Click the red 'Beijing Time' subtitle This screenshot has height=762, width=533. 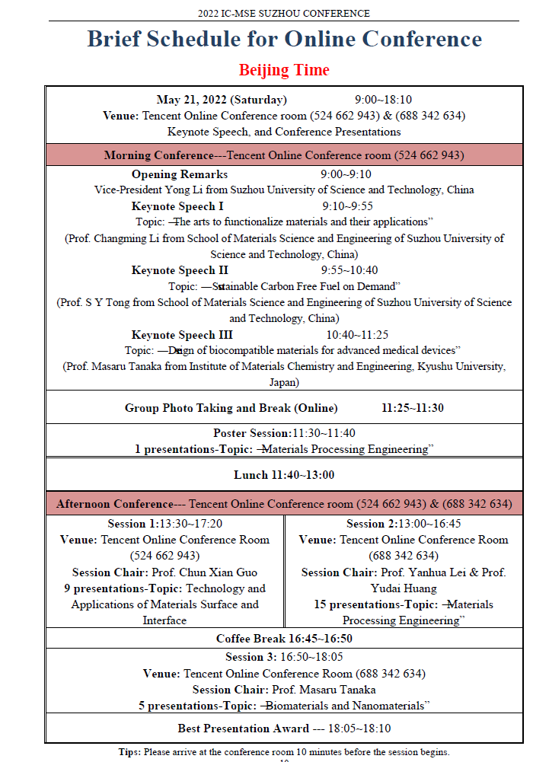284,70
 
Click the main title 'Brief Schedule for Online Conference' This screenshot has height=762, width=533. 284,39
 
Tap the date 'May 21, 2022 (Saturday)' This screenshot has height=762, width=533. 222,100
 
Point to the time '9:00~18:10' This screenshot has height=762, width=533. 384,100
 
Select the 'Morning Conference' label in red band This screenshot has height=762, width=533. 159,155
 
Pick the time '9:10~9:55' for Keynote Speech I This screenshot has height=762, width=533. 348,206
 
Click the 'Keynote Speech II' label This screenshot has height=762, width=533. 180,270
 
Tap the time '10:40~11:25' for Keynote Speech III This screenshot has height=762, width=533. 358,334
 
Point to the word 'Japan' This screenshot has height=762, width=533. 284,382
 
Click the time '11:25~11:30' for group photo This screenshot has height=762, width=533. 413,408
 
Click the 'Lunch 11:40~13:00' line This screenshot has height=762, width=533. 284,475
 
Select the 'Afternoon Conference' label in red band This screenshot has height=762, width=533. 114,504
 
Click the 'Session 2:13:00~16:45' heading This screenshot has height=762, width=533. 404,524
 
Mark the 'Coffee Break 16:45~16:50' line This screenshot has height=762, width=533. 284,639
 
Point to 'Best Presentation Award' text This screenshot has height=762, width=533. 244,729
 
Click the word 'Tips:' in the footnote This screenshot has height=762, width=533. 129,752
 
